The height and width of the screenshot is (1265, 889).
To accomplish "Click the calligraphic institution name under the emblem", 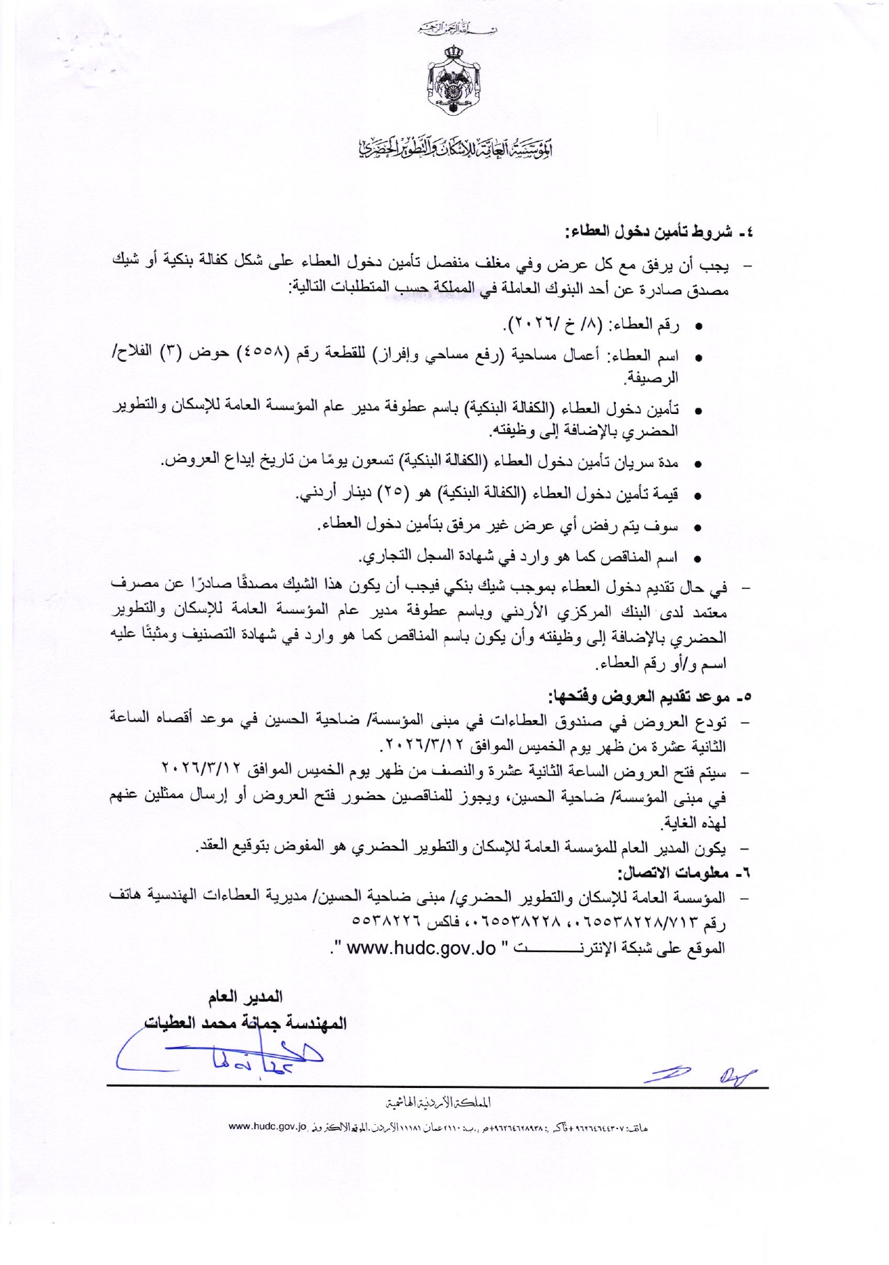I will pyautogui.click(x=445, y=146).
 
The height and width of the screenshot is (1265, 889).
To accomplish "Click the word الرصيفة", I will pyautogui.click(x=651, y=378).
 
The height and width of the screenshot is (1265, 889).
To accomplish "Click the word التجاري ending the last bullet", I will pyautogui.click(x=386, y=557).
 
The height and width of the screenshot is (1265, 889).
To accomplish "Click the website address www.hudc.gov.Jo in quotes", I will pyautogui.click(x=421, y=949).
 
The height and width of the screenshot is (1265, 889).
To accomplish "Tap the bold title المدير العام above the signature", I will pyautogui.click(x=245, y=997).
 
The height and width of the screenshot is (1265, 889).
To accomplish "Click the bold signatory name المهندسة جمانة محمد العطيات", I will pyautogui.click(x=245, y=1024).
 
